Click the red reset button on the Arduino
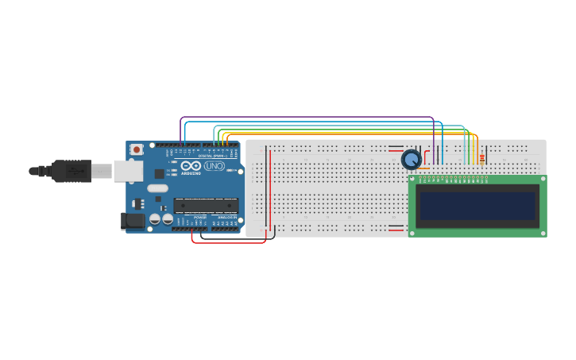coord(137,149)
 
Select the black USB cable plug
coord(72,171)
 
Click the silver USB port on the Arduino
coord(127,171)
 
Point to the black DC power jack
coord(132,220)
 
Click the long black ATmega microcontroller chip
coord(206,205)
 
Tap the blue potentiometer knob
coord(411,160)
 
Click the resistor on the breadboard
coord(481,159)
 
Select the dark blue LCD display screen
coord(477,206)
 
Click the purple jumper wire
coord(302,118)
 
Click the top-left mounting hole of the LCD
coord(413,180)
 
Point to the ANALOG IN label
coord(226,217)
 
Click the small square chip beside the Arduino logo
coord(159,173)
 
